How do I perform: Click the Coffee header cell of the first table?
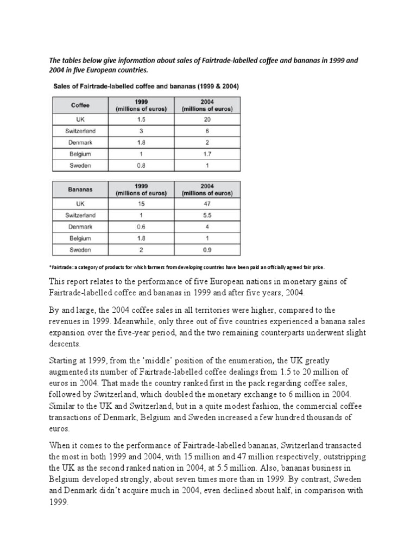coord(80,105)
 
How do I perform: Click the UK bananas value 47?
coord(207,204)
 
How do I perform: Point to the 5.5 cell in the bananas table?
coord(207,215)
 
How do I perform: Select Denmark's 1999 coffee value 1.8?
coord(141,142)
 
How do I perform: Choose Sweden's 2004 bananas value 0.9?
coord(207,250)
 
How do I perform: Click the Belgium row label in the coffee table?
coord(80,154)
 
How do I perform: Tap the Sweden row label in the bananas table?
coord(80,250)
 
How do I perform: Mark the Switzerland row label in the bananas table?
coord(80,215)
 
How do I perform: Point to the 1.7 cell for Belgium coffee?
coord(207,154)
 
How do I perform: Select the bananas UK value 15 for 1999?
coord(141,204)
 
